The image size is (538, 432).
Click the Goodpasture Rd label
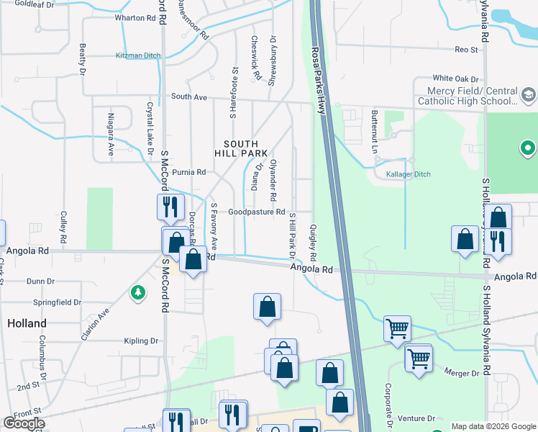tap(257, 212)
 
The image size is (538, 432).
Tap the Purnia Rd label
tap(188, 172)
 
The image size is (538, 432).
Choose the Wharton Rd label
tap(129, 17)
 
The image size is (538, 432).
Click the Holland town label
tap(27, 323)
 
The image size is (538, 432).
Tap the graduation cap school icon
tap(528, 94)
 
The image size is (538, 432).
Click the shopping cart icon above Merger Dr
tap(418, 356)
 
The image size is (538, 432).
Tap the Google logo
tap(24, 423)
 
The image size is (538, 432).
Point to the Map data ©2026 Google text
tap(493, 426)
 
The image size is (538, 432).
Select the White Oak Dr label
tap(455, 78)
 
